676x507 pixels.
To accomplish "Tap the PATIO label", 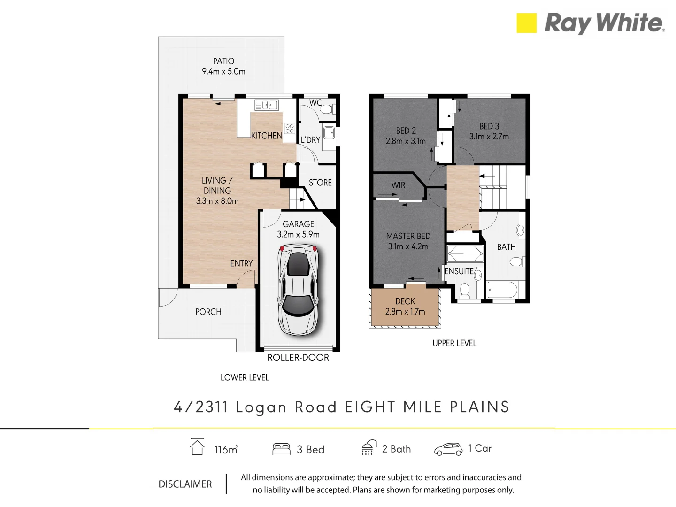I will coord(223,61).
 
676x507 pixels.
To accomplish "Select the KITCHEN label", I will coord(267,136).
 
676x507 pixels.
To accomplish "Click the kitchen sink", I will coord(266,105).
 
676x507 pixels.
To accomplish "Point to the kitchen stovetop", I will coord(290,128).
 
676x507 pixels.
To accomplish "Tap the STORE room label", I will coord(320,183).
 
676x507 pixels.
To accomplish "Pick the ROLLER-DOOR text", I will coord(298,357).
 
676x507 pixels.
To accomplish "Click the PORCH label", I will coord(208,312).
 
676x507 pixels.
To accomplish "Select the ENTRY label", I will coord(241,263).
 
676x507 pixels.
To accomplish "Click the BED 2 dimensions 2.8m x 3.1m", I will coord(406,141).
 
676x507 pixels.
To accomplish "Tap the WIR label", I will coord(398,185).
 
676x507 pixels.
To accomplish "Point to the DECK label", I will coord(405,301).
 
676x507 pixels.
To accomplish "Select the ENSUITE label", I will coord(459,271).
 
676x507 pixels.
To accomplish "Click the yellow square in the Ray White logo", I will coord(526,23).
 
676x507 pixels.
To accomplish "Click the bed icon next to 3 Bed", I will coord(282,449).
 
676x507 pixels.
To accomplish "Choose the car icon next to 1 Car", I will coord(448,449).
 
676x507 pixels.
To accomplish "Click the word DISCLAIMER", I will coord(185,484).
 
